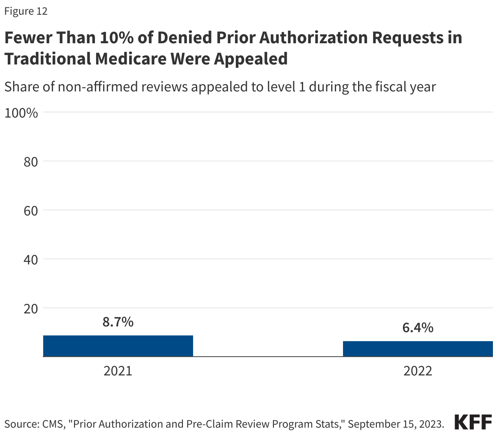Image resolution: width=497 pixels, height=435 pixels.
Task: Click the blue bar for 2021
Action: pos(118,346)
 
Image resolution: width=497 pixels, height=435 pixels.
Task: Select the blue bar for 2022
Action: pos(418,349)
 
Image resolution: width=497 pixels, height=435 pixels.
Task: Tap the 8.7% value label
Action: pos(118,322)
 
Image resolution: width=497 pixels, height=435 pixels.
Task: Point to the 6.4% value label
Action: pos(418,328)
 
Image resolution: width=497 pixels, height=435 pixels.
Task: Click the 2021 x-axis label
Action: pos(118,371)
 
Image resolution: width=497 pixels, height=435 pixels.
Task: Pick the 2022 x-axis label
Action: pos(418,371)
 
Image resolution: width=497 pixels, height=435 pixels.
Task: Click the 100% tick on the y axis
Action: pos(21,113)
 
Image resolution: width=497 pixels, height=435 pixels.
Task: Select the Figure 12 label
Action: pos(26,11)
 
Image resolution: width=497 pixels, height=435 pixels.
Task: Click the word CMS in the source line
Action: pos(52,424)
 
